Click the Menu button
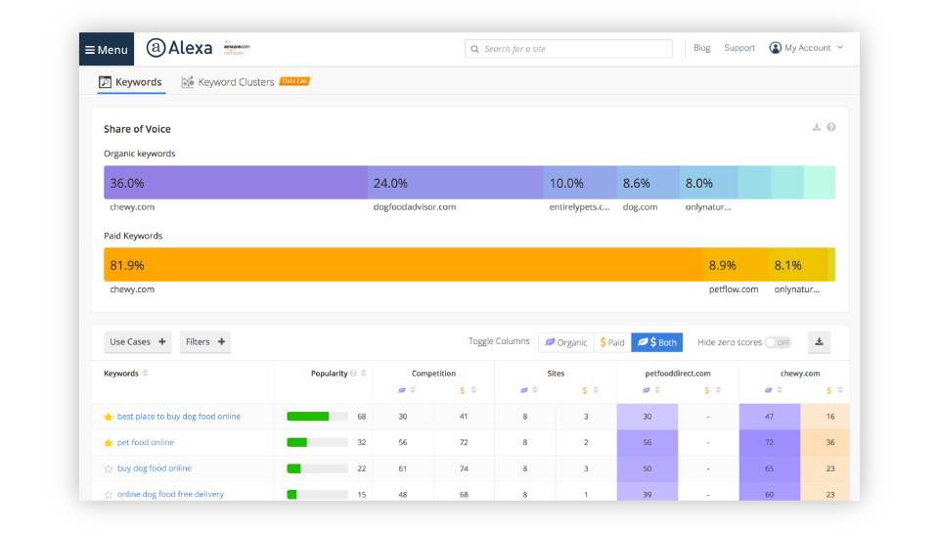106,49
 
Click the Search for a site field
569,49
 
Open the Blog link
701,48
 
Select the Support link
739,48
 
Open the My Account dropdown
806,48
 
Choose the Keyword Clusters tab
236,82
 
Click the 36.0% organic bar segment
236,183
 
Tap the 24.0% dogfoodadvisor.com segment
455,183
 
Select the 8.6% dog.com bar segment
648,183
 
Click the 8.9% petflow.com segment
735,265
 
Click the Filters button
205,342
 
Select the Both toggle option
657,342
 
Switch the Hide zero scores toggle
778,342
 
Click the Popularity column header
330,374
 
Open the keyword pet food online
146,442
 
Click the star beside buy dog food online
109,468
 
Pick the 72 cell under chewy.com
769,442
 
